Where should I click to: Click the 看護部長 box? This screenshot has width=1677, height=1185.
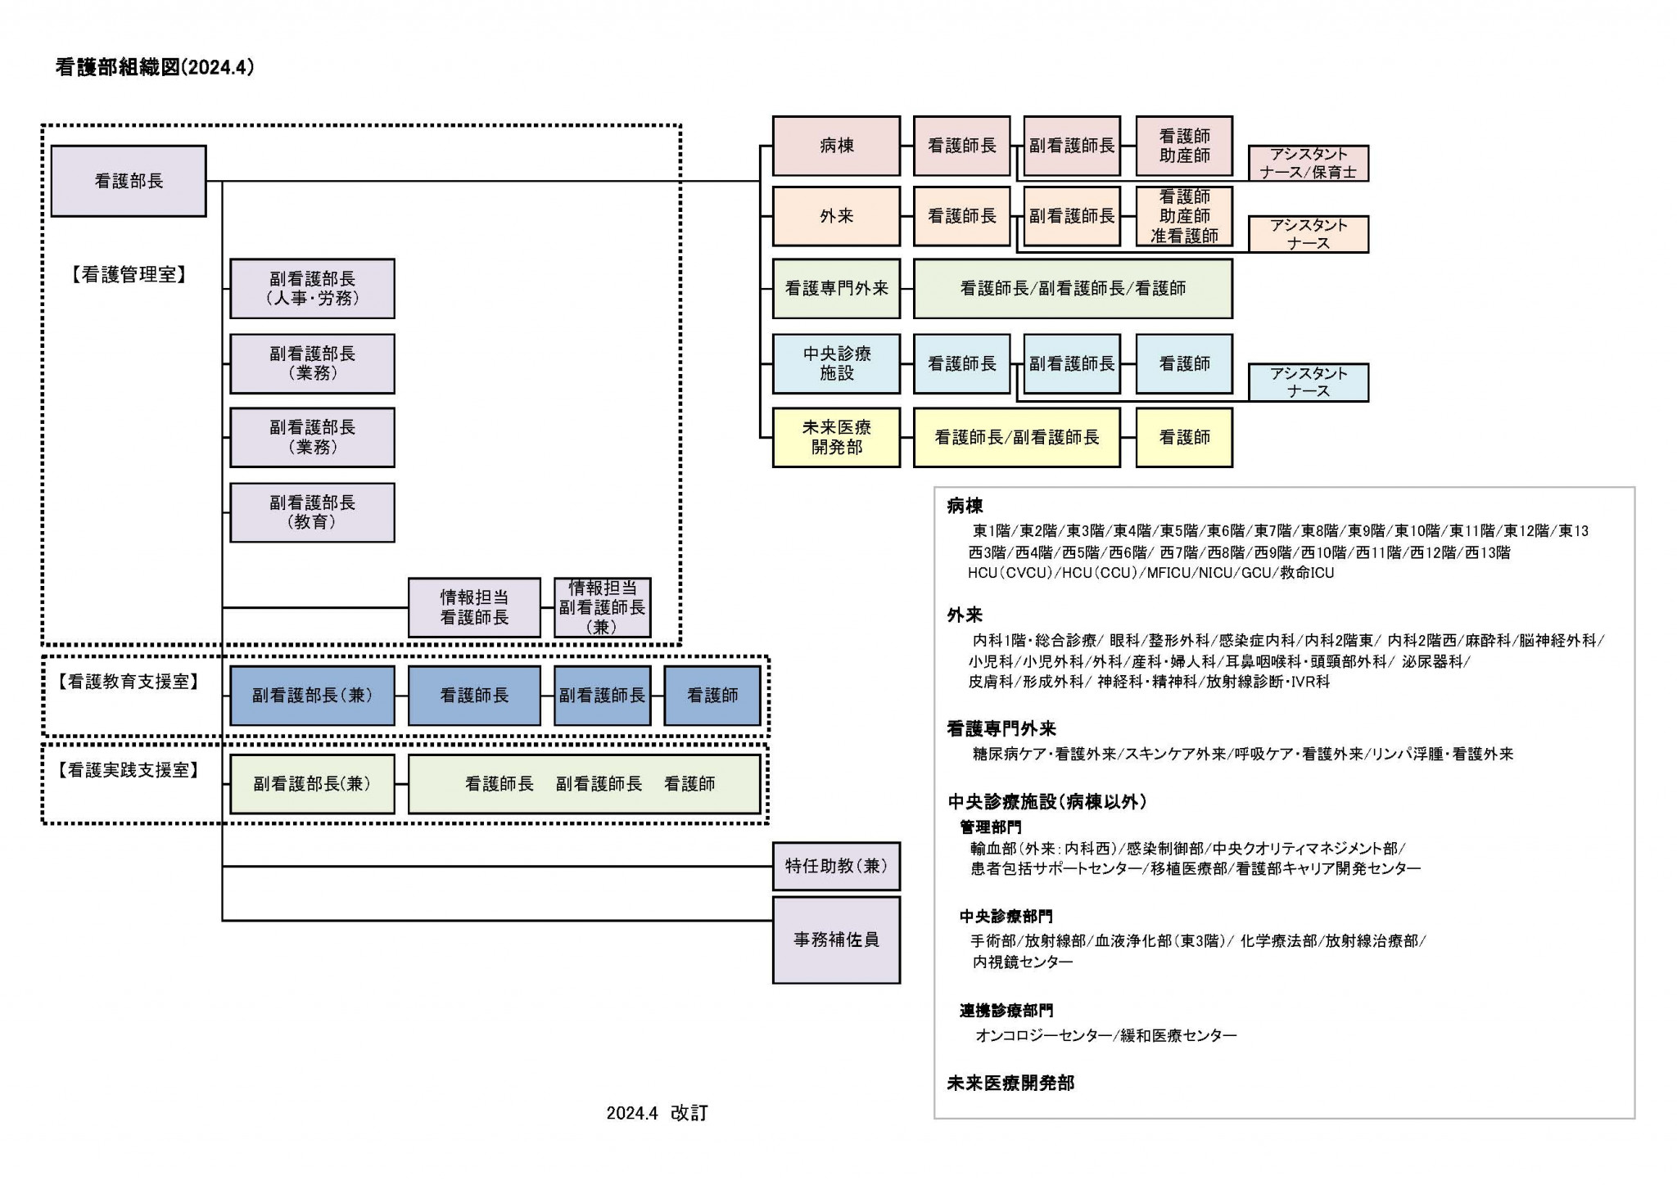click(x=129, y=181)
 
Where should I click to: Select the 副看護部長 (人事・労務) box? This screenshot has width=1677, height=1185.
click(x=312, y=289)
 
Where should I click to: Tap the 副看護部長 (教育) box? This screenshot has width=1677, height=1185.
click(x=312, y=512)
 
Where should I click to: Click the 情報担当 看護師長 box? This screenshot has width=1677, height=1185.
click(x=474, y=607)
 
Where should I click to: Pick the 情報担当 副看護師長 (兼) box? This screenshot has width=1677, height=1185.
click(x=602, y=607)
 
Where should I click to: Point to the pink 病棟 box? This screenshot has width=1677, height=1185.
click(x=836, y=146)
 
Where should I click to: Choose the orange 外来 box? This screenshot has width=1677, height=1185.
click(x=836, y=216)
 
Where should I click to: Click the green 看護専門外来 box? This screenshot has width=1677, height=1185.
click(x=836, y=288)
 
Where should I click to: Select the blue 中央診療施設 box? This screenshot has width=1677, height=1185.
click(x=836, y=363)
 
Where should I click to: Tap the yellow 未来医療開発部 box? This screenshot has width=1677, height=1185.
click(x=836, y=437)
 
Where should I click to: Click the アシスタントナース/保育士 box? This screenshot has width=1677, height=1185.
click(x=1308, y=163)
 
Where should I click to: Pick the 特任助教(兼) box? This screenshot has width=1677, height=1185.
click(x=836, y=866)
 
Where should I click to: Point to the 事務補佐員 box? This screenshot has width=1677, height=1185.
click(x=836, y=939)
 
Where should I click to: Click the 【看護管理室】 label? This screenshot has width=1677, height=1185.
click(x=129, y=275)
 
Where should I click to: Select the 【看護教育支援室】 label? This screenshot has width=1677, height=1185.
click(x=129, y=681)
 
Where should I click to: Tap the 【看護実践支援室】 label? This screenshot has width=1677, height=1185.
click(x=129, y=770)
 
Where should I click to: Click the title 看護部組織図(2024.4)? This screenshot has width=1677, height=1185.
click(x=155, y=67)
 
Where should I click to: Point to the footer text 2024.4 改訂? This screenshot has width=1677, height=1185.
click(x=657, y=1113)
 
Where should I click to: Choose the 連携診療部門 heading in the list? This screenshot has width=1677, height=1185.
click(x=1006, y=1011)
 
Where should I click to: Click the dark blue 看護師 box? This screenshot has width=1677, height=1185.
click(x=712, y=696)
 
